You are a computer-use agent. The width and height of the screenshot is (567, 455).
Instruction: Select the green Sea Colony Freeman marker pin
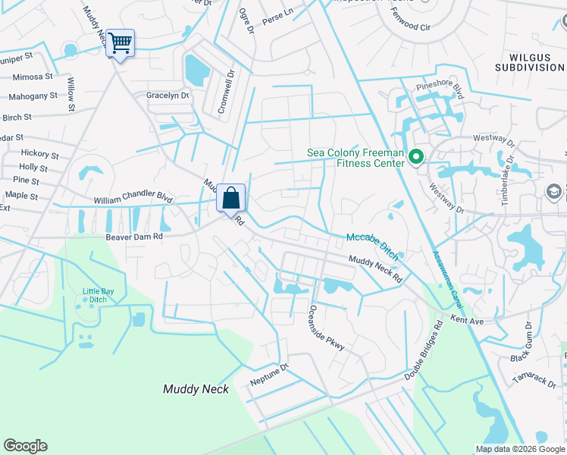click(x=416, y=158)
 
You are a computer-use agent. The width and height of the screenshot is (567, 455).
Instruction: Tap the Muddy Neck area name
click(x=196, y=389)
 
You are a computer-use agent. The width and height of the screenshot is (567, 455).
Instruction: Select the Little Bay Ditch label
click(x=95, y=295)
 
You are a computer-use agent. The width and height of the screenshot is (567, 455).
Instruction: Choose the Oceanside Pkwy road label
click(x=327, y=328)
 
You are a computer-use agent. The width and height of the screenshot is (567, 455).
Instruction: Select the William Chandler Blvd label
click(x=133, y=199)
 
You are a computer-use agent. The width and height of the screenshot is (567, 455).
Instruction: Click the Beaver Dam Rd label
click(x=134, y=237)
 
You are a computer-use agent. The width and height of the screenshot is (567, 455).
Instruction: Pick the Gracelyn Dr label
click(x=168, y=96)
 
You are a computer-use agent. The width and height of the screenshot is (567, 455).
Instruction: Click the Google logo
click(x=25, y=446)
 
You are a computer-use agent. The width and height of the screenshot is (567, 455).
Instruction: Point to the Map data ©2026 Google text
click(x=520, y=449)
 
